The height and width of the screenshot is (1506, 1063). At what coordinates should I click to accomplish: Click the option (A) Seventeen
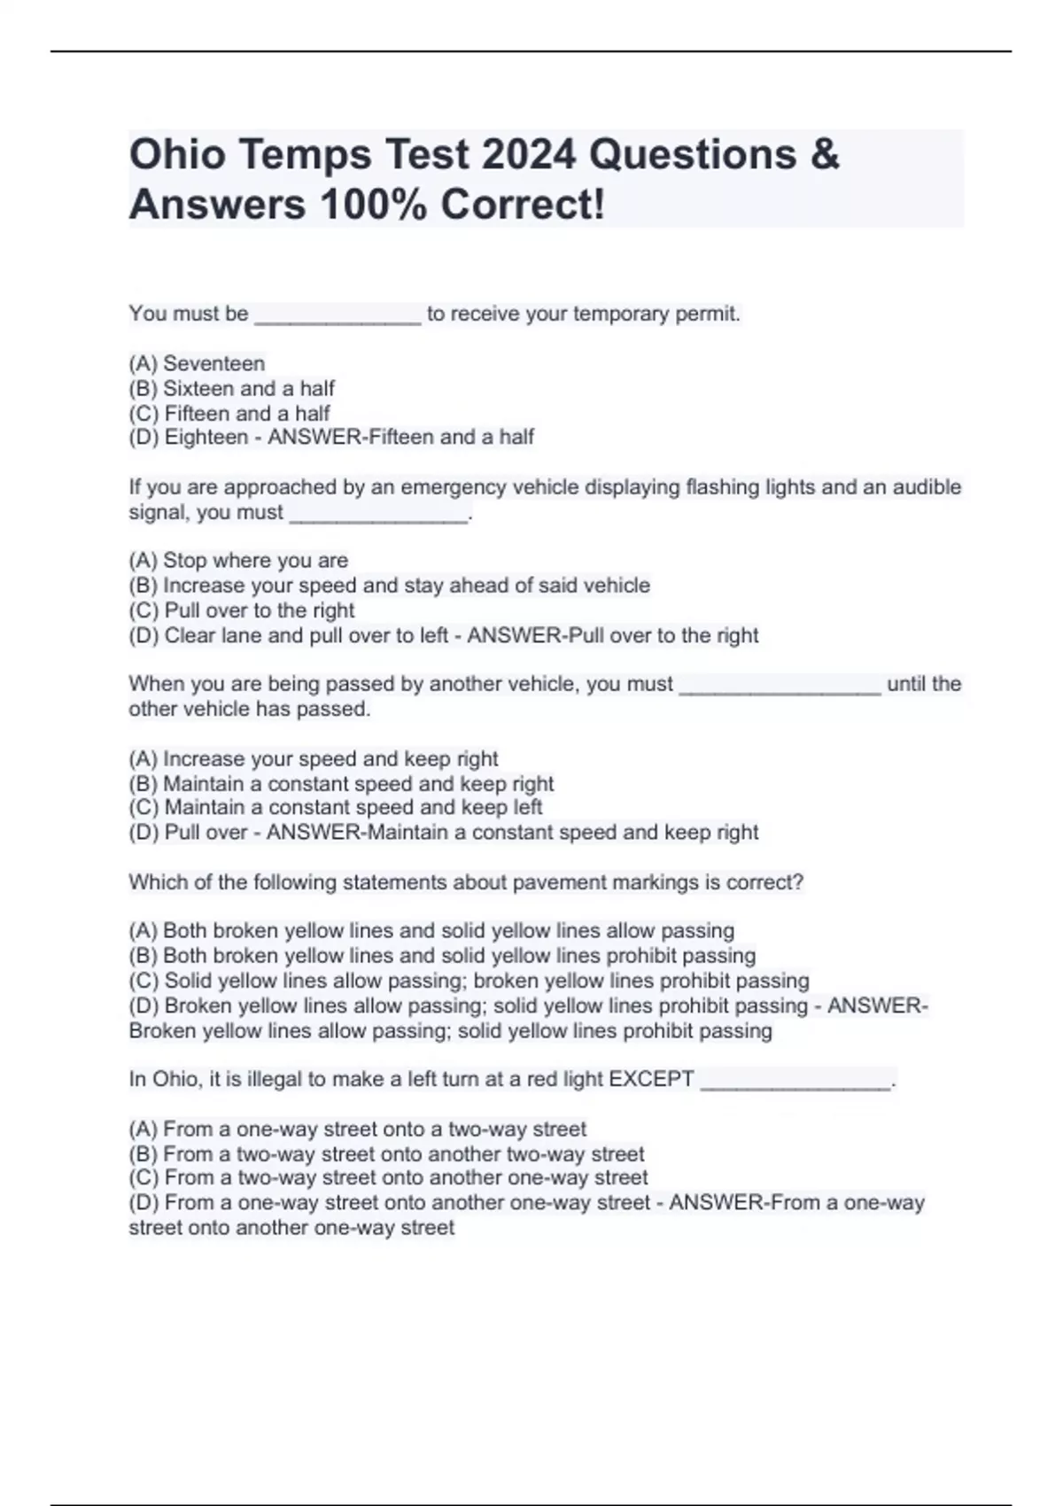pyautogui.click(x=197, y=363)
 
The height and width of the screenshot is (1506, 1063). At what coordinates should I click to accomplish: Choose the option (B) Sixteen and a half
pyautogui.click(x=231, y=388)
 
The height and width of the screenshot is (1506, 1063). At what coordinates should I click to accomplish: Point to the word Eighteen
pyautogui.click(x=206, y=437)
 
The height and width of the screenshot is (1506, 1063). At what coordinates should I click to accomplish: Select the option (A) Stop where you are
pyautogui.click(x=238, y=560)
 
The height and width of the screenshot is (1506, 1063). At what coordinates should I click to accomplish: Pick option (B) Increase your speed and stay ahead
pyautogui.click(x=389, y=585)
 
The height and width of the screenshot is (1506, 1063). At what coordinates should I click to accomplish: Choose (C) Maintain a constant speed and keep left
pyautogui.click(x=335, y=807)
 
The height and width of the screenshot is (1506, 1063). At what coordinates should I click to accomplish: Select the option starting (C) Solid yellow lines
pyautogui.click(x=469, y=981)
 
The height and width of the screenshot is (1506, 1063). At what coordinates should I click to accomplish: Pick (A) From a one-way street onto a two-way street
pyautogui.click(x=357, y=1129)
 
